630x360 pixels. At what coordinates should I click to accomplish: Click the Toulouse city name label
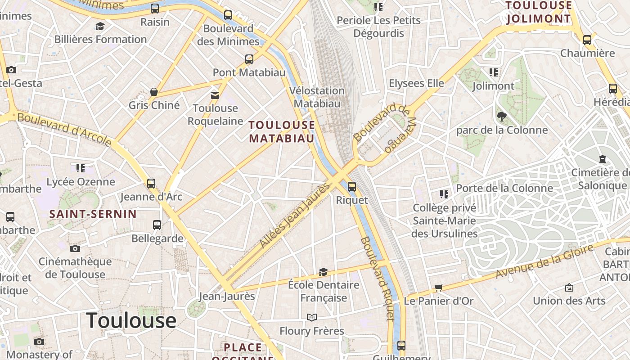[131, 320]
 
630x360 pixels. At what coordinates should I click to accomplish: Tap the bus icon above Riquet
[352, 186]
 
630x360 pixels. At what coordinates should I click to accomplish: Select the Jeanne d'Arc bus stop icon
[151, 184]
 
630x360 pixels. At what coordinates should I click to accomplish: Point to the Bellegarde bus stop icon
[157, 225]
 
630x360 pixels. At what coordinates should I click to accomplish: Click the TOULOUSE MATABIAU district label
[282, 131]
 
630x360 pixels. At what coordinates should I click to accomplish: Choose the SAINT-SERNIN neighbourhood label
[93, 214]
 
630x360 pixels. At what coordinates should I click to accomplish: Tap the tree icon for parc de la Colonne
[502, 117]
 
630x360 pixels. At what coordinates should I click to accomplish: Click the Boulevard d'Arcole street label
[64, 129]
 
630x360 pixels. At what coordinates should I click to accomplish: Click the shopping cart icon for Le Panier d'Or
[439, 288]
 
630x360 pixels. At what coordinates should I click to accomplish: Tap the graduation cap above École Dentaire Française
[323, 272]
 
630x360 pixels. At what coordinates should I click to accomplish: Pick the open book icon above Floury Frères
[311, 318]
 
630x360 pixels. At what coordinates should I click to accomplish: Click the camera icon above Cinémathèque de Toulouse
[75, 248]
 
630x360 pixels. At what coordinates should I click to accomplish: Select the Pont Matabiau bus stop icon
[249, 59]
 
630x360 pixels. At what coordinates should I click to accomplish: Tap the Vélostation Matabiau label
[317, 97]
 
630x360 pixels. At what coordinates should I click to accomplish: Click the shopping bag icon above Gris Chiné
[154, 92]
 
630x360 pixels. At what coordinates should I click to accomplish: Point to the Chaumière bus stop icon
[587, 40]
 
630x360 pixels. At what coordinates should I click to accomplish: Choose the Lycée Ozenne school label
[81, 182]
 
